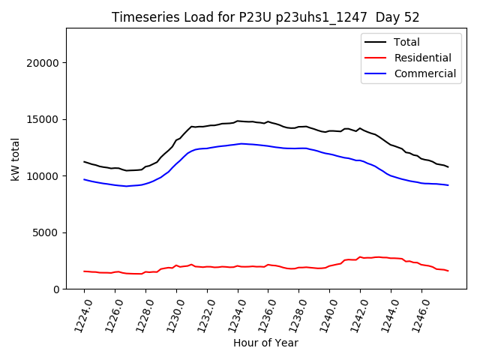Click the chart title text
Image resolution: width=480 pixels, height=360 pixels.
coord(265,17)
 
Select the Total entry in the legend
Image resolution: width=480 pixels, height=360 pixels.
coord(406,42)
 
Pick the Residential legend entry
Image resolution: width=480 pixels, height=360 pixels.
coord(422,58)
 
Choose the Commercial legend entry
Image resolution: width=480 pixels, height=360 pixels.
coord(424,73)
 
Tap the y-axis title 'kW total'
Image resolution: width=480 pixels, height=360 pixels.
coord(16,159)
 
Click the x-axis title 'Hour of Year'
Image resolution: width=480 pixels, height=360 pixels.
coord(265,343)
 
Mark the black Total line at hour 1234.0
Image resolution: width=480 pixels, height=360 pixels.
coord(238,121)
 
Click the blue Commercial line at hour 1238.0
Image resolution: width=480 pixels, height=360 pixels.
coord(299,148)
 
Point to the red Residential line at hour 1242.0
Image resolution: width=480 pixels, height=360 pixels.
coord(361,256)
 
